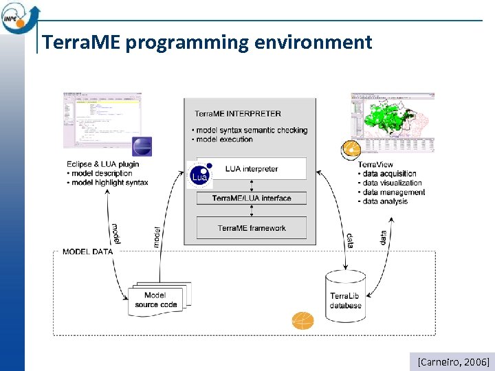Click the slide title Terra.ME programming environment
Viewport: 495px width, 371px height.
pyautogui.click(x=206, y=43)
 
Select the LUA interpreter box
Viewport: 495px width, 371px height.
pyautogui.click(x=251, y=169)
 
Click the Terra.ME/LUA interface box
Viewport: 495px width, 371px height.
pyautogui.click(x=251, y=198)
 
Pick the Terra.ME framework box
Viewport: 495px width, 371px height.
pyautogui.click(x=251, y=228)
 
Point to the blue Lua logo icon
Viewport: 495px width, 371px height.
pyautogui.click(x=199, y=175)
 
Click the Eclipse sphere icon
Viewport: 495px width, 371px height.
pyautogui.click(x=142, y=147)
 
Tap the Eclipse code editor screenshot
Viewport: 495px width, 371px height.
pyautogui.click(x=102, y=119)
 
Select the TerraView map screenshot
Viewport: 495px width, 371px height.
pyautogui.click(x=392, y=122)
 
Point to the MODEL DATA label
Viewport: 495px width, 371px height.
pyautogui.click(x=87, y=251)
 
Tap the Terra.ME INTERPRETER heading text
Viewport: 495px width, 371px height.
pyautogui.click(x=237, y=113)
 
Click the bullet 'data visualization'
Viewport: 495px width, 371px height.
pyautogui.click(x=392, y=183)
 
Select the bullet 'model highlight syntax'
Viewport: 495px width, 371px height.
pyautogui.click(x=107, y=182)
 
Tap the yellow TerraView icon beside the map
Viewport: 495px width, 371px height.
pyautogui.click(x=351, y=149)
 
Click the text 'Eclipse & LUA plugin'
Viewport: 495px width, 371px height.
pyautogui.click(x=103, y=164)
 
